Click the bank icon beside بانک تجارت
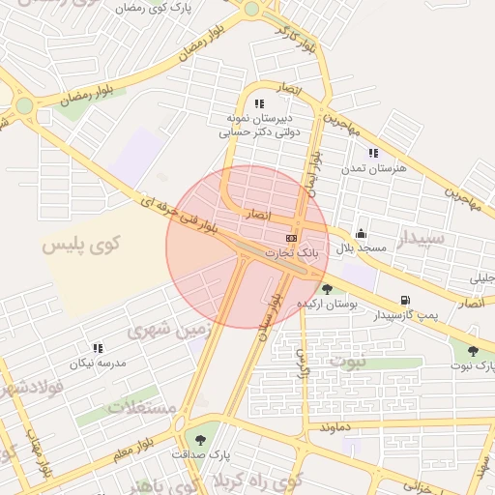coord(291,238)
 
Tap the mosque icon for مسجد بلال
coord(362,233)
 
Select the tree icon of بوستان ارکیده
coord(328,288)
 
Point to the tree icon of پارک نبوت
coord(473,351)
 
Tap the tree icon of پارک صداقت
coord(201,437)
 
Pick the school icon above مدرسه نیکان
coord(97,348)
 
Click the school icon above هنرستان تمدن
coord(373,153)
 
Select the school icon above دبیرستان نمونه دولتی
coord(258,103)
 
